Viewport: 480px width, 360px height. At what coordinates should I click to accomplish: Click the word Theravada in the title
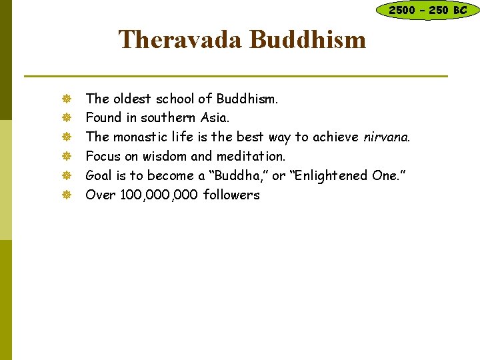[x=179, y=39]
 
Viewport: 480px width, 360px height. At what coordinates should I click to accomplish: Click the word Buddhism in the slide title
[x=307, y=39]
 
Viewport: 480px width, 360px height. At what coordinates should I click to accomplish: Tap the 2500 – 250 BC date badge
[x=427, y=10]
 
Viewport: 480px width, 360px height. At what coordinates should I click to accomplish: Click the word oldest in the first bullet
[x=131, y=99]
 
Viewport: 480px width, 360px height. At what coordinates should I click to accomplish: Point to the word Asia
[x=214, y=118]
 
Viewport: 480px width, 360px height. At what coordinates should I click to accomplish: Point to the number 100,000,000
[x=159, y=195]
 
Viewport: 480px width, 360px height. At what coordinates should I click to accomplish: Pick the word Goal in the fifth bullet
[x=99, y=176]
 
